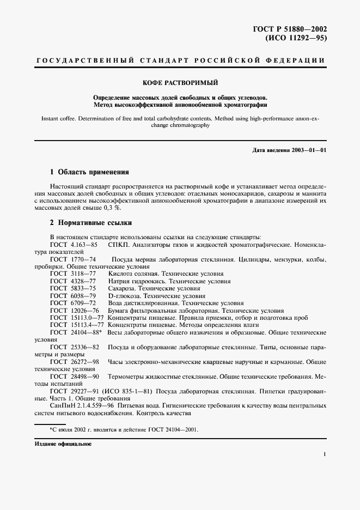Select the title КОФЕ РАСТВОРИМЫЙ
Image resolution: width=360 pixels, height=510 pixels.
point(180,82)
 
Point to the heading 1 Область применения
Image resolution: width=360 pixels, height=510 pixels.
point(89,172)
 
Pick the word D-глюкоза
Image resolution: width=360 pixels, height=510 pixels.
point(123,295)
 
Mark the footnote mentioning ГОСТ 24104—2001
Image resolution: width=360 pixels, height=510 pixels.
point(124,429)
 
